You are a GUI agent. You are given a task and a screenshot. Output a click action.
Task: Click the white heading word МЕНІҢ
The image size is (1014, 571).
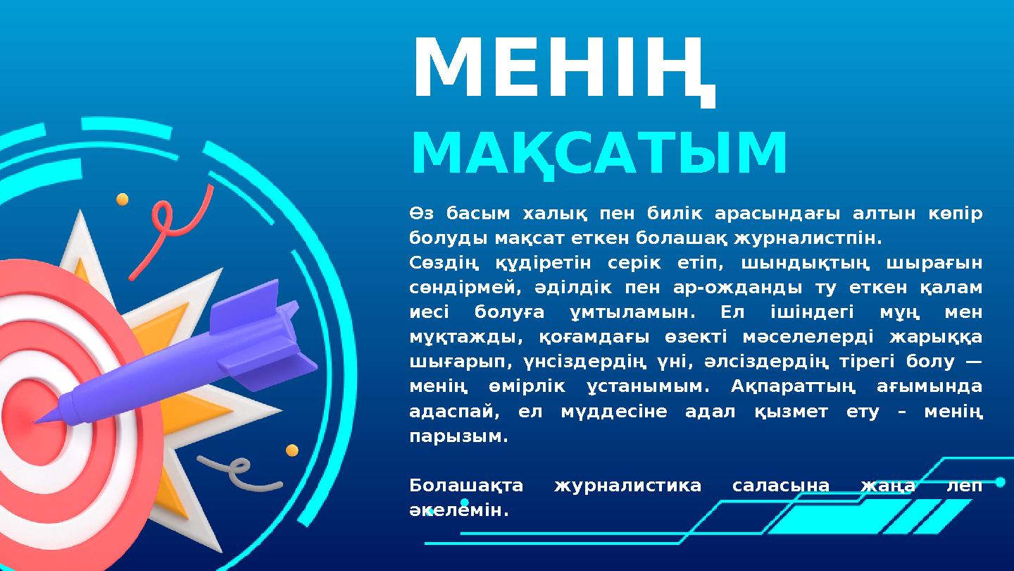pyautogui.click(x=563, y=69)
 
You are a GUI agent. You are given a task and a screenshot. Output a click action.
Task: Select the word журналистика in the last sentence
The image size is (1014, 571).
pyautogui.click(x=627, y=486)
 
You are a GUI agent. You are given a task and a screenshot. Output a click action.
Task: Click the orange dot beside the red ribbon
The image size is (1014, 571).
pyautogui.click(x=123, y=199)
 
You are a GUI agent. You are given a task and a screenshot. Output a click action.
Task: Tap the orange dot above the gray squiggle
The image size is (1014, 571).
pyautogui.click(x=292, y=450)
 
